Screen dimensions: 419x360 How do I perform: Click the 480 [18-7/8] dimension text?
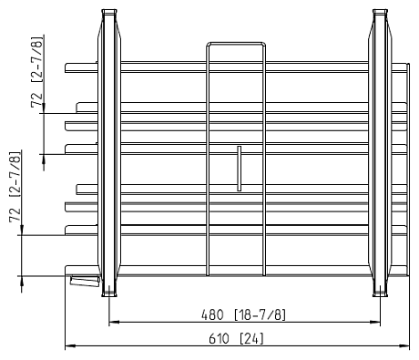(x=243, y=314)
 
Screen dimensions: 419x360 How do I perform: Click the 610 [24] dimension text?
(x=237, y=338)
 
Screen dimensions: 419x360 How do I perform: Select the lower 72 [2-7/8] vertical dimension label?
(x=15, y=187)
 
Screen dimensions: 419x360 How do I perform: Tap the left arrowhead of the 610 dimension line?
(x=70, y=345)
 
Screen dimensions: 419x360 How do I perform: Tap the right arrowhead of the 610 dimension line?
(x=404, y=345)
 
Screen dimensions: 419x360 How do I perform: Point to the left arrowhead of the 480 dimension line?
(x=114, y=322)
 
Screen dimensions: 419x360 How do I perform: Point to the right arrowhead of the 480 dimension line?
(x=375, y=322)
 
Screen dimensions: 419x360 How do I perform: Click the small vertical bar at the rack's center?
(x=240, y=169)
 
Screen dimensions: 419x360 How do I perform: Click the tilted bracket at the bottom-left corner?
(x=85, y=281)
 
